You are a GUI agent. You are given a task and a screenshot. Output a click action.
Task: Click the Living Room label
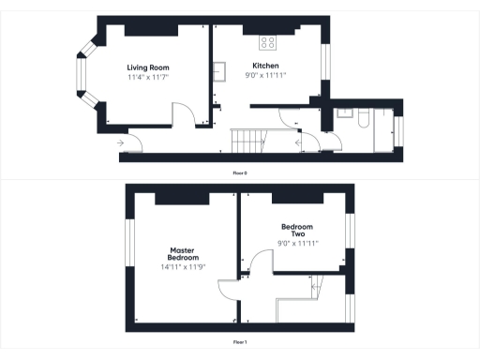148,67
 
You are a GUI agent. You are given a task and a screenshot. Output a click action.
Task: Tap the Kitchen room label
266,66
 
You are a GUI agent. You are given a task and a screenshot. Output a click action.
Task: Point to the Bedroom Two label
297,231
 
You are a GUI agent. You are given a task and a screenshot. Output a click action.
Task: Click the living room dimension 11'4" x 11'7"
148,78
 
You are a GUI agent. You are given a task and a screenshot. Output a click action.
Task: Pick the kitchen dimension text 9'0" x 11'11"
266,76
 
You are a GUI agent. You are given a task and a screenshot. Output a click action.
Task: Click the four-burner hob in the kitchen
267,42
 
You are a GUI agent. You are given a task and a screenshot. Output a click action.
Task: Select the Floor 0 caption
240,173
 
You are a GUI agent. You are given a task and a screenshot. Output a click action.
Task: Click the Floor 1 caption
240,342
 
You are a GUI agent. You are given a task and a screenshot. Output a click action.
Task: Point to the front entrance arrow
120,142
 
